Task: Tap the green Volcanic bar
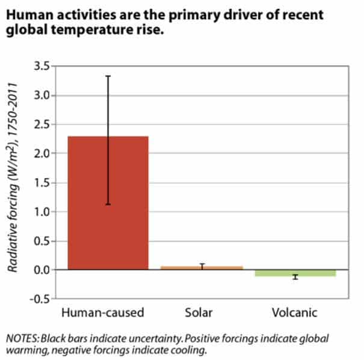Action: click(x=295, y=273)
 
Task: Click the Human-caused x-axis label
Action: click(x=103, y=313)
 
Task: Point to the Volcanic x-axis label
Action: click(x=295, y=313)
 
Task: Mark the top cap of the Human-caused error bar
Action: click(x=108, y=76)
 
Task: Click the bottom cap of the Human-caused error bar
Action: click(x=108, y=205)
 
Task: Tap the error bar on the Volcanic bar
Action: click(x=295, y=277)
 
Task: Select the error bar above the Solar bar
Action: click(x=202, y=265)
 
